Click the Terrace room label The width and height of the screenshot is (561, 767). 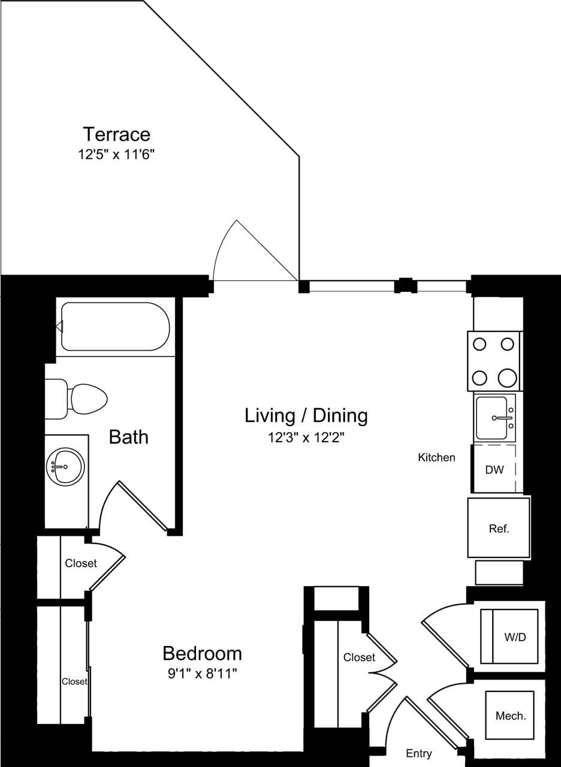tap(116, 134)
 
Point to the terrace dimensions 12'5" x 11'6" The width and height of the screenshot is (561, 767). tap(116, 154)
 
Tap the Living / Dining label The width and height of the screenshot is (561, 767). tap(306, 415)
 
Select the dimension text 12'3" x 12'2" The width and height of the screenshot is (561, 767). tap(306, 438)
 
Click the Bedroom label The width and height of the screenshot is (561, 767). tap(202, 653)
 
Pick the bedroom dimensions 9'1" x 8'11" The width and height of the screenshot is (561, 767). tap(202, 674)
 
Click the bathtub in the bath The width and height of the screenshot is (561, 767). tap(115, 327)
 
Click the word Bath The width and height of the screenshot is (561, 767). tap(128, 437)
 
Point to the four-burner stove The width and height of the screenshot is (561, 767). tap(494, 361)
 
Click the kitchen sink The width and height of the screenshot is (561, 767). tap(494, 418)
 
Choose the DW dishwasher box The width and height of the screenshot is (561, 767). tap(494, 469)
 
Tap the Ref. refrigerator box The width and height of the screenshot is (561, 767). tap(499, 528)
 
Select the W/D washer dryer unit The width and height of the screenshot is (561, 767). tap(509, 636)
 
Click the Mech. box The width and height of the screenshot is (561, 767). tap(509, 715)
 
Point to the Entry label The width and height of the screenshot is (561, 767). tap(418, 753)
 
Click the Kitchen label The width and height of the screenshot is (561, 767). tap(436, 458)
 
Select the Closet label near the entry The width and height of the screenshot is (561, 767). tap(359, 657)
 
